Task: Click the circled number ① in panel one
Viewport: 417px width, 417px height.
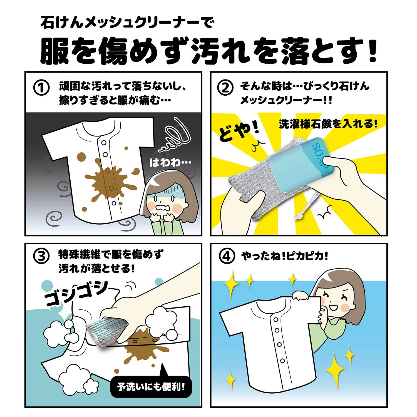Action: click(x=41, y=88)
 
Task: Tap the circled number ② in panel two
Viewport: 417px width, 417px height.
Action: click(x=225, y=88)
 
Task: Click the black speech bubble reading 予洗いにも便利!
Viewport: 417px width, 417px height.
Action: click(x=151, y=387)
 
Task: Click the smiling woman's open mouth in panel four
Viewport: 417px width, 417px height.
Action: click(x=333, y=307)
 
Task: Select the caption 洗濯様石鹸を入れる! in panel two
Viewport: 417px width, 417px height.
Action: click(x=328, y=124)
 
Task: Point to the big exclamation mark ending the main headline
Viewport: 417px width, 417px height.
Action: click(x=371, y=50)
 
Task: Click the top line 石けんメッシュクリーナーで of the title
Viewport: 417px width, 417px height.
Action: click(x=126, y=22)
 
